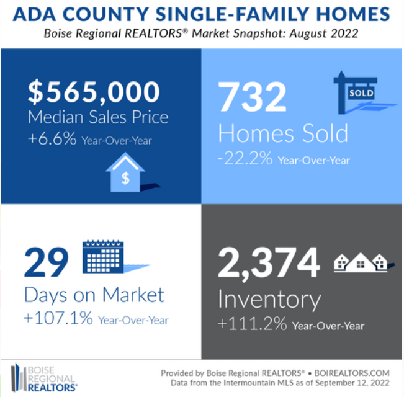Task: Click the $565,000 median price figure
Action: coord(94,92)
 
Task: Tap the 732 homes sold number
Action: coord(252,97)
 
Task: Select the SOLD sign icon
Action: coord(361,92)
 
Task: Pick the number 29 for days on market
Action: coord(47,262)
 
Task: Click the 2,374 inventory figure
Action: coord(269,263)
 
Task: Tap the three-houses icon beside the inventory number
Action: coord(363,262)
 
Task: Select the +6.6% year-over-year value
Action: coord(52,138)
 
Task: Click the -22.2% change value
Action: coord(245,158)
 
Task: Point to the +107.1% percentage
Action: coord(58,318)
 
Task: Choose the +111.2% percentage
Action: coord(252,324)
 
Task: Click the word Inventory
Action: coord(269,300)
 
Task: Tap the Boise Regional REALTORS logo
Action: coord(44,378)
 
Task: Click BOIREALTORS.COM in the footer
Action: coord(352,373)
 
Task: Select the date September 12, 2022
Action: coord(352,383)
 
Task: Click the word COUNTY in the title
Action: coord(106,14)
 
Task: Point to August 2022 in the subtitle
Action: coord(323,33)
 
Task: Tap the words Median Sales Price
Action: coord(98,117)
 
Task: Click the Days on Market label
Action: coord(94,295)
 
